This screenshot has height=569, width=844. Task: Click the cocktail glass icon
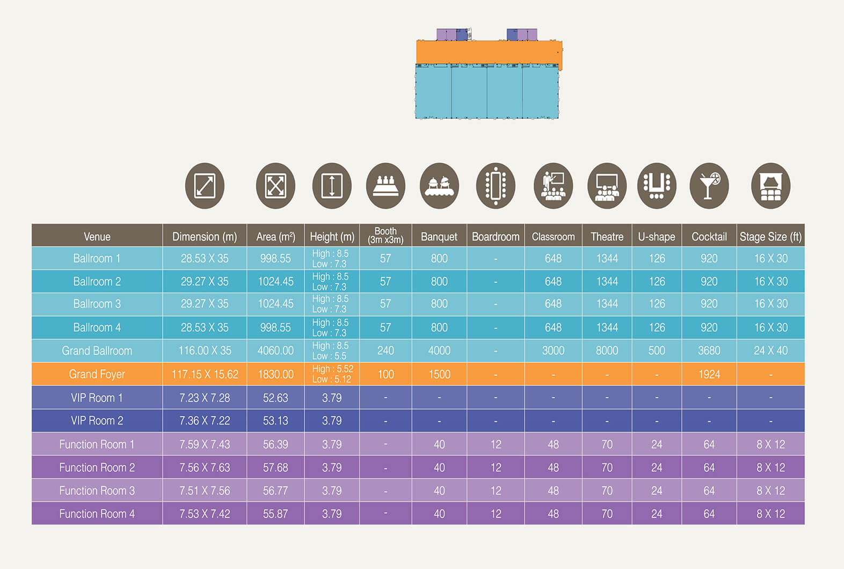click(709, 186)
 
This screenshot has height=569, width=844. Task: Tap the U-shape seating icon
click(657, 186)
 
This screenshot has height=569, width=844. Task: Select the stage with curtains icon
click(770, 186)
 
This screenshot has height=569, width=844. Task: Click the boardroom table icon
click(496, 186)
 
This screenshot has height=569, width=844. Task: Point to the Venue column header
click(97, 236)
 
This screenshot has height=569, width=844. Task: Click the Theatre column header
click(607, 236)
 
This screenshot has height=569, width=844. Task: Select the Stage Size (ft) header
click(770, 236)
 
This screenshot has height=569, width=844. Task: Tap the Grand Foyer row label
click(97, 374)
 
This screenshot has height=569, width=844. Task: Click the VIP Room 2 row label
click(97, 421)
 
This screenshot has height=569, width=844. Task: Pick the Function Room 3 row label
click(97, 491)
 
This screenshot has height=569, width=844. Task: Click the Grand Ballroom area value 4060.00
click(275, 351)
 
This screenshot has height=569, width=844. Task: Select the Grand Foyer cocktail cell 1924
click(709, 374)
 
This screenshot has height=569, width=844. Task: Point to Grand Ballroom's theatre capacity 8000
click(607, 351)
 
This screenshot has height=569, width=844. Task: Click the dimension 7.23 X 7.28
click(205, 398)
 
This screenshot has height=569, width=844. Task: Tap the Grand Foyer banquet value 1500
click(439, 374)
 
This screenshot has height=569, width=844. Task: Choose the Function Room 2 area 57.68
click(275, 468)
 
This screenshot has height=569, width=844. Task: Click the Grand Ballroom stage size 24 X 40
click(770, 351)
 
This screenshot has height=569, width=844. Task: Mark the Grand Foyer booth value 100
click(385, 374)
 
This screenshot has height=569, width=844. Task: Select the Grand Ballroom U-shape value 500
click(657, 351)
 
